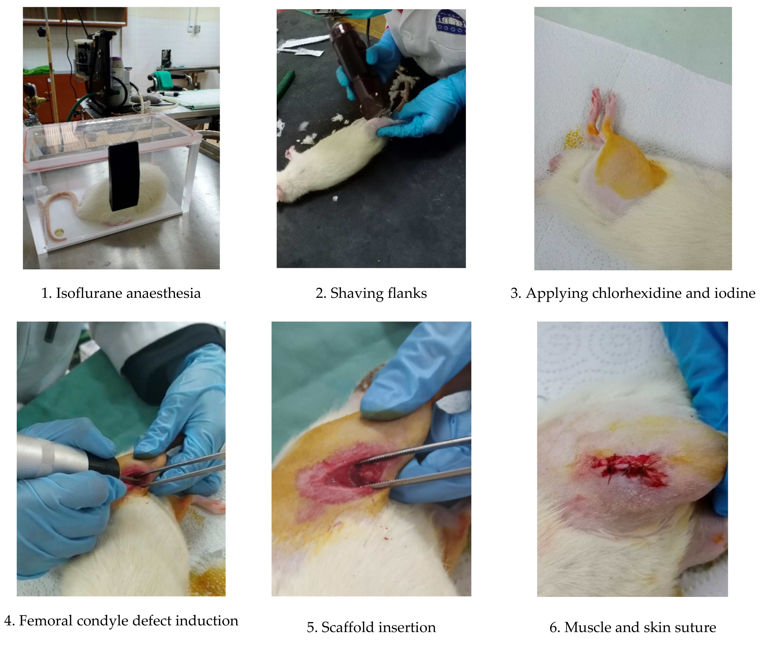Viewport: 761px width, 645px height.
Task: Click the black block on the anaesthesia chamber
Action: pyautogui.click(x=124, y=176)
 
